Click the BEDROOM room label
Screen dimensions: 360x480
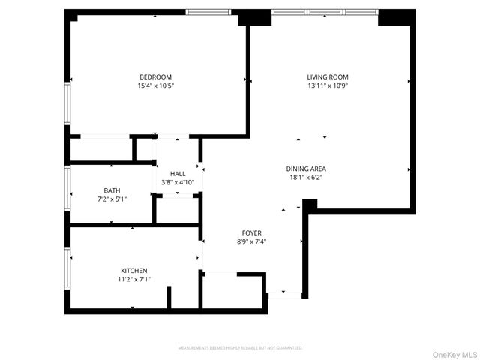[x=155, y=76]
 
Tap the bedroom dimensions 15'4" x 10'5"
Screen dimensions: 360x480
[x=155, y=85]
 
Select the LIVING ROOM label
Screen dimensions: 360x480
[x=328, y=76]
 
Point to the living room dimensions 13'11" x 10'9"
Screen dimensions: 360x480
[x=328, y=85]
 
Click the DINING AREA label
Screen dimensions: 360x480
[x=306, y=169]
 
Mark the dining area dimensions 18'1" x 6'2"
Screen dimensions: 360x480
[x=306, y=178]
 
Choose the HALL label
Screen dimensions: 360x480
[x=178, y=173]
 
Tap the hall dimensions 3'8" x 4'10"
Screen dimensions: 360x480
[x=178, y=182]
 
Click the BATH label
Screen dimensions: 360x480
[x=112, y=190]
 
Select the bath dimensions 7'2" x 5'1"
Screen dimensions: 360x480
[x=112, y=199]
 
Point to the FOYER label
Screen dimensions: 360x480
[x=251, y=232]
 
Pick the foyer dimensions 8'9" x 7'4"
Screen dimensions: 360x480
[x=251, y=241]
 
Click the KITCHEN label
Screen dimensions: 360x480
[x=134, y=270]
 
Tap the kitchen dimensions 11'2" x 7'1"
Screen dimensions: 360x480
[x=134, y=279]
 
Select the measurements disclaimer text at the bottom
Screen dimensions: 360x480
[x=240, y=348]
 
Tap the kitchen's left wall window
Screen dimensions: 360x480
[x=67, y=268]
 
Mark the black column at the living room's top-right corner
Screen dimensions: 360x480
[x=396, y=17]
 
